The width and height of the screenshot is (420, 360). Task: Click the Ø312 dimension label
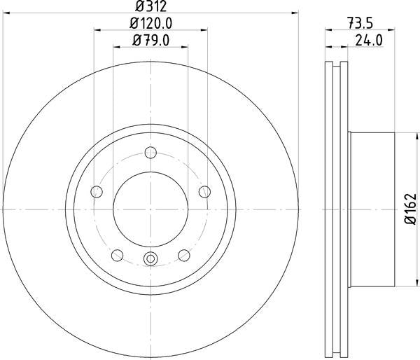pyautogui.click(x=150, y=7)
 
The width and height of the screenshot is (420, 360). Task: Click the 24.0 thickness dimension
pyautogui.click(x=368, y=40)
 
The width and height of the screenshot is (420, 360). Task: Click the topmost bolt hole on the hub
pyautogui.click(x=150, y=153)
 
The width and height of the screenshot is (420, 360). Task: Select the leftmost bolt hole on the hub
pyautogui.click(x=97, y=192)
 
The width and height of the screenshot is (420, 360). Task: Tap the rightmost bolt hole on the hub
pyautogui.click(x=204, y=192)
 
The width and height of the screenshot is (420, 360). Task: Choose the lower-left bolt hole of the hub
pyautogui.click(x=117, y=255)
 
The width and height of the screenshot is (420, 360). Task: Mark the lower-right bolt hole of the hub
pyautogui.click(x=184, y=255)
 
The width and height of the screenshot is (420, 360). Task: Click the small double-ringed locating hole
pyautogui.click(x=150, y=260)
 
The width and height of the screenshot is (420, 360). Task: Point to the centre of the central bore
pyautogui.click(x=150, y=209)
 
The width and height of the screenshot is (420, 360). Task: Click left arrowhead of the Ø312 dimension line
pyautogui.click(x=6, y=14)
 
